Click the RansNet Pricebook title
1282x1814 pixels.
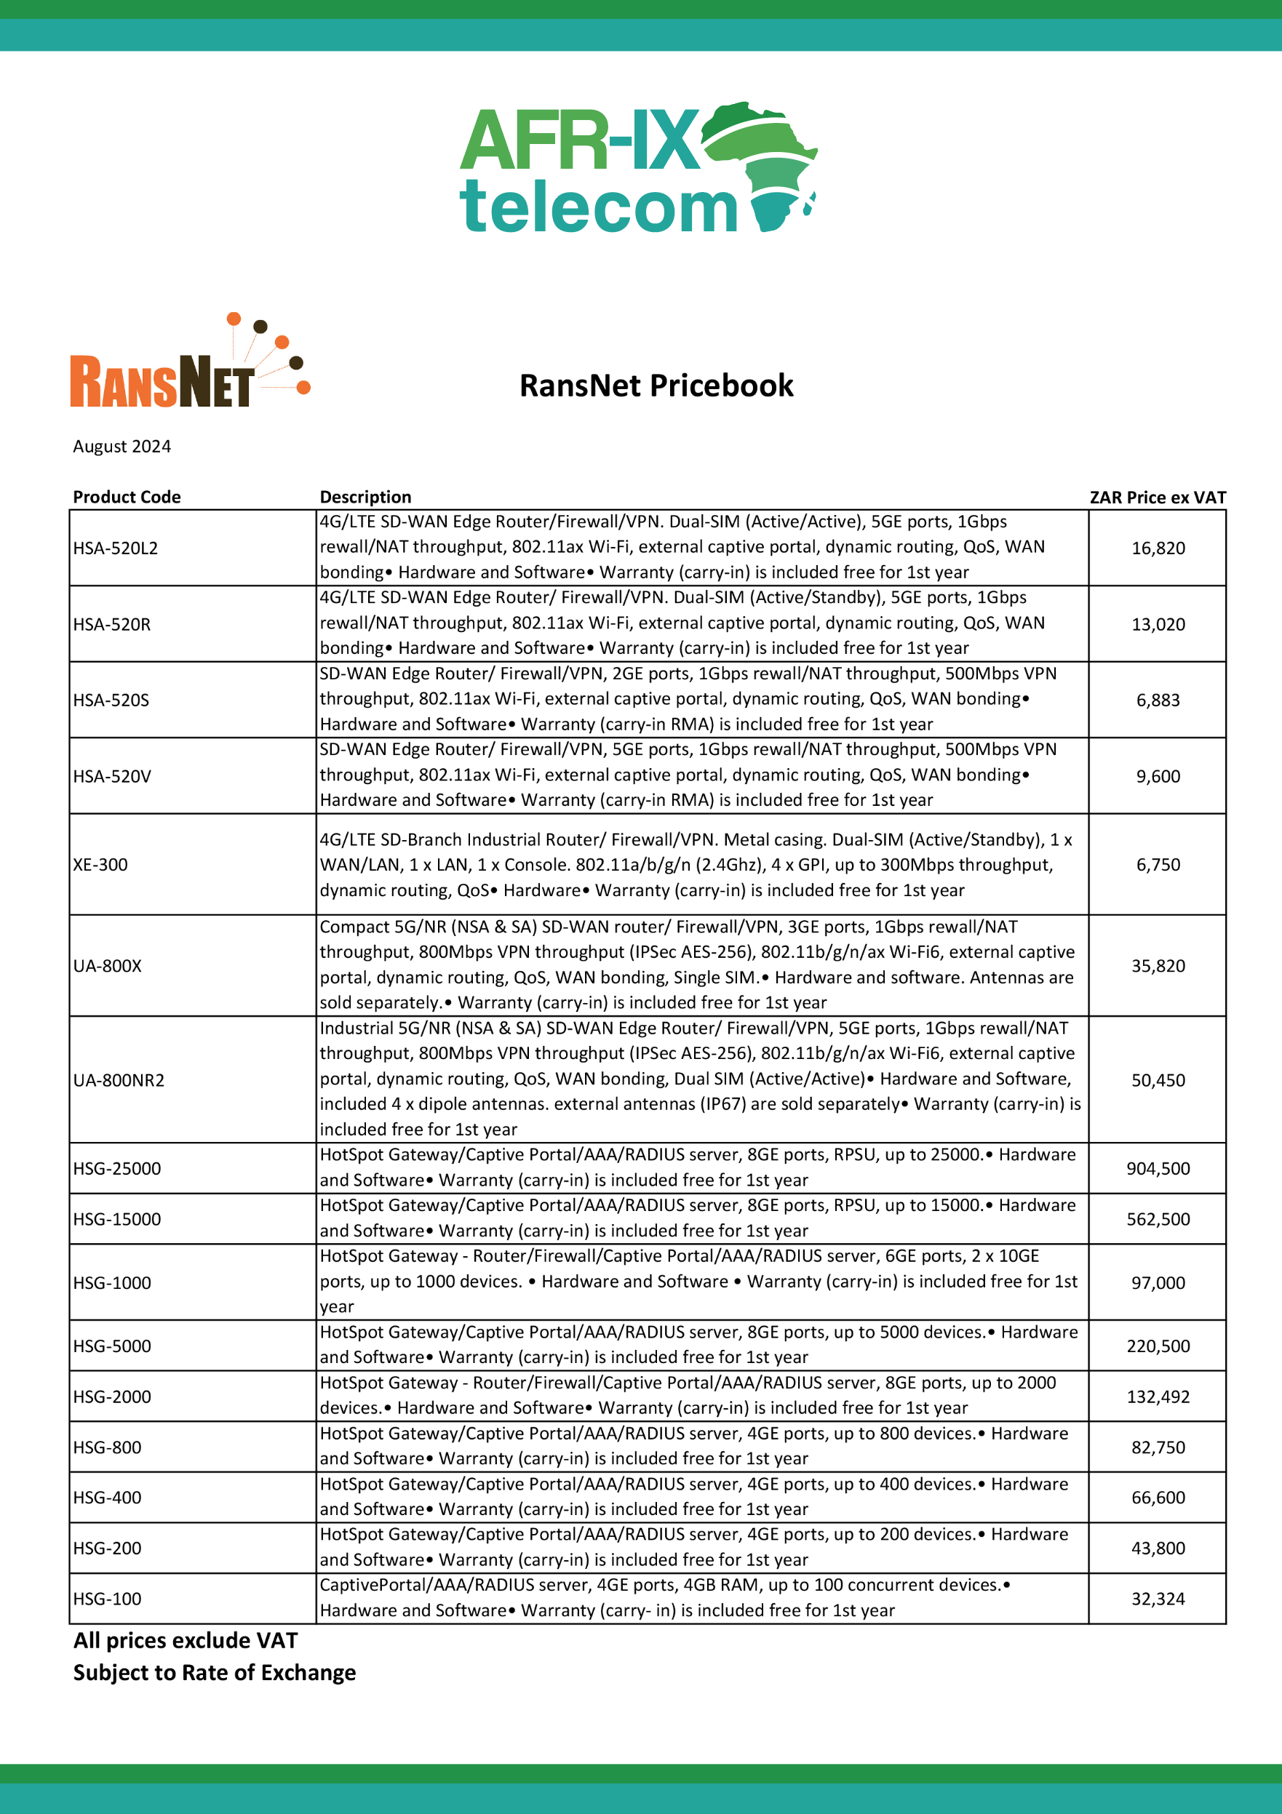click(x=656, y=385)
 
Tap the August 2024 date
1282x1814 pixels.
click(x=122, y=447)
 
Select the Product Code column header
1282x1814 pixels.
click(x=127, y=497)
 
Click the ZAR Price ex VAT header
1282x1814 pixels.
click(x=1157, y=497)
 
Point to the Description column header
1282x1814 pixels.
click(x=365, y=497)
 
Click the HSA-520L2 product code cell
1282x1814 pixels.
click(x=116, y=548)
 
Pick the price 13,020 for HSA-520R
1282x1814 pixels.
click(x=1158, y=624)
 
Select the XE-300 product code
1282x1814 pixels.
click(x=100, y=864)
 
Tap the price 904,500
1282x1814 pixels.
click(x=1158, y=1169)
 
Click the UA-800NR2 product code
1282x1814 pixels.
click(x=119, y=1080)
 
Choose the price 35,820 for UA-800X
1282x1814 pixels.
click(x=1158, y=965)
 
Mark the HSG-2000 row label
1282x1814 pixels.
click(x=112, y=1397)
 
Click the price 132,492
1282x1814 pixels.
click(x=1158, y=1397)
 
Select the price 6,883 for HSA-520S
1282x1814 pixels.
click(x=1158, y=700)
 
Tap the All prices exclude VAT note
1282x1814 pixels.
click(x=186, y=1641)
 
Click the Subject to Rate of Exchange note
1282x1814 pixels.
click(x=214, y=1673)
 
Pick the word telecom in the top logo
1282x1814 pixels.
click(x=598, y=207)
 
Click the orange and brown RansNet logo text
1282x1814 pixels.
click(x=162, y=383)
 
